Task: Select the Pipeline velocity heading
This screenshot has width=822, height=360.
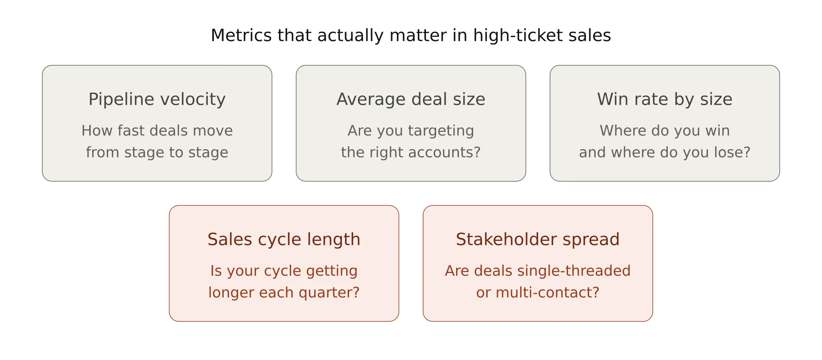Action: tap(157, 99)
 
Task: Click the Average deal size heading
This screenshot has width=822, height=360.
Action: tap(411, 99)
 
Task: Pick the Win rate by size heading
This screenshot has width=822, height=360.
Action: tap(665, 99)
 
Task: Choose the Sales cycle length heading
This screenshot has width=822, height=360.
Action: tap(284, 239)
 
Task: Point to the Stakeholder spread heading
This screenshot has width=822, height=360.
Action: tap(538, 239)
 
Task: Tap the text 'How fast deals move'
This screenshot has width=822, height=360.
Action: tap(157, 131)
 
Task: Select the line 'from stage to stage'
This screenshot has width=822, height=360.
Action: tap(157, 152)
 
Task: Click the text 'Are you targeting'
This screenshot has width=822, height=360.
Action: tap(411, 131)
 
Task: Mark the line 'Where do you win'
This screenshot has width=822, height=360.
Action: tap(665, 131)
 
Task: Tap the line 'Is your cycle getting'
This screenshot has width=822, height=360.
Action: tap(284, 271)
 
